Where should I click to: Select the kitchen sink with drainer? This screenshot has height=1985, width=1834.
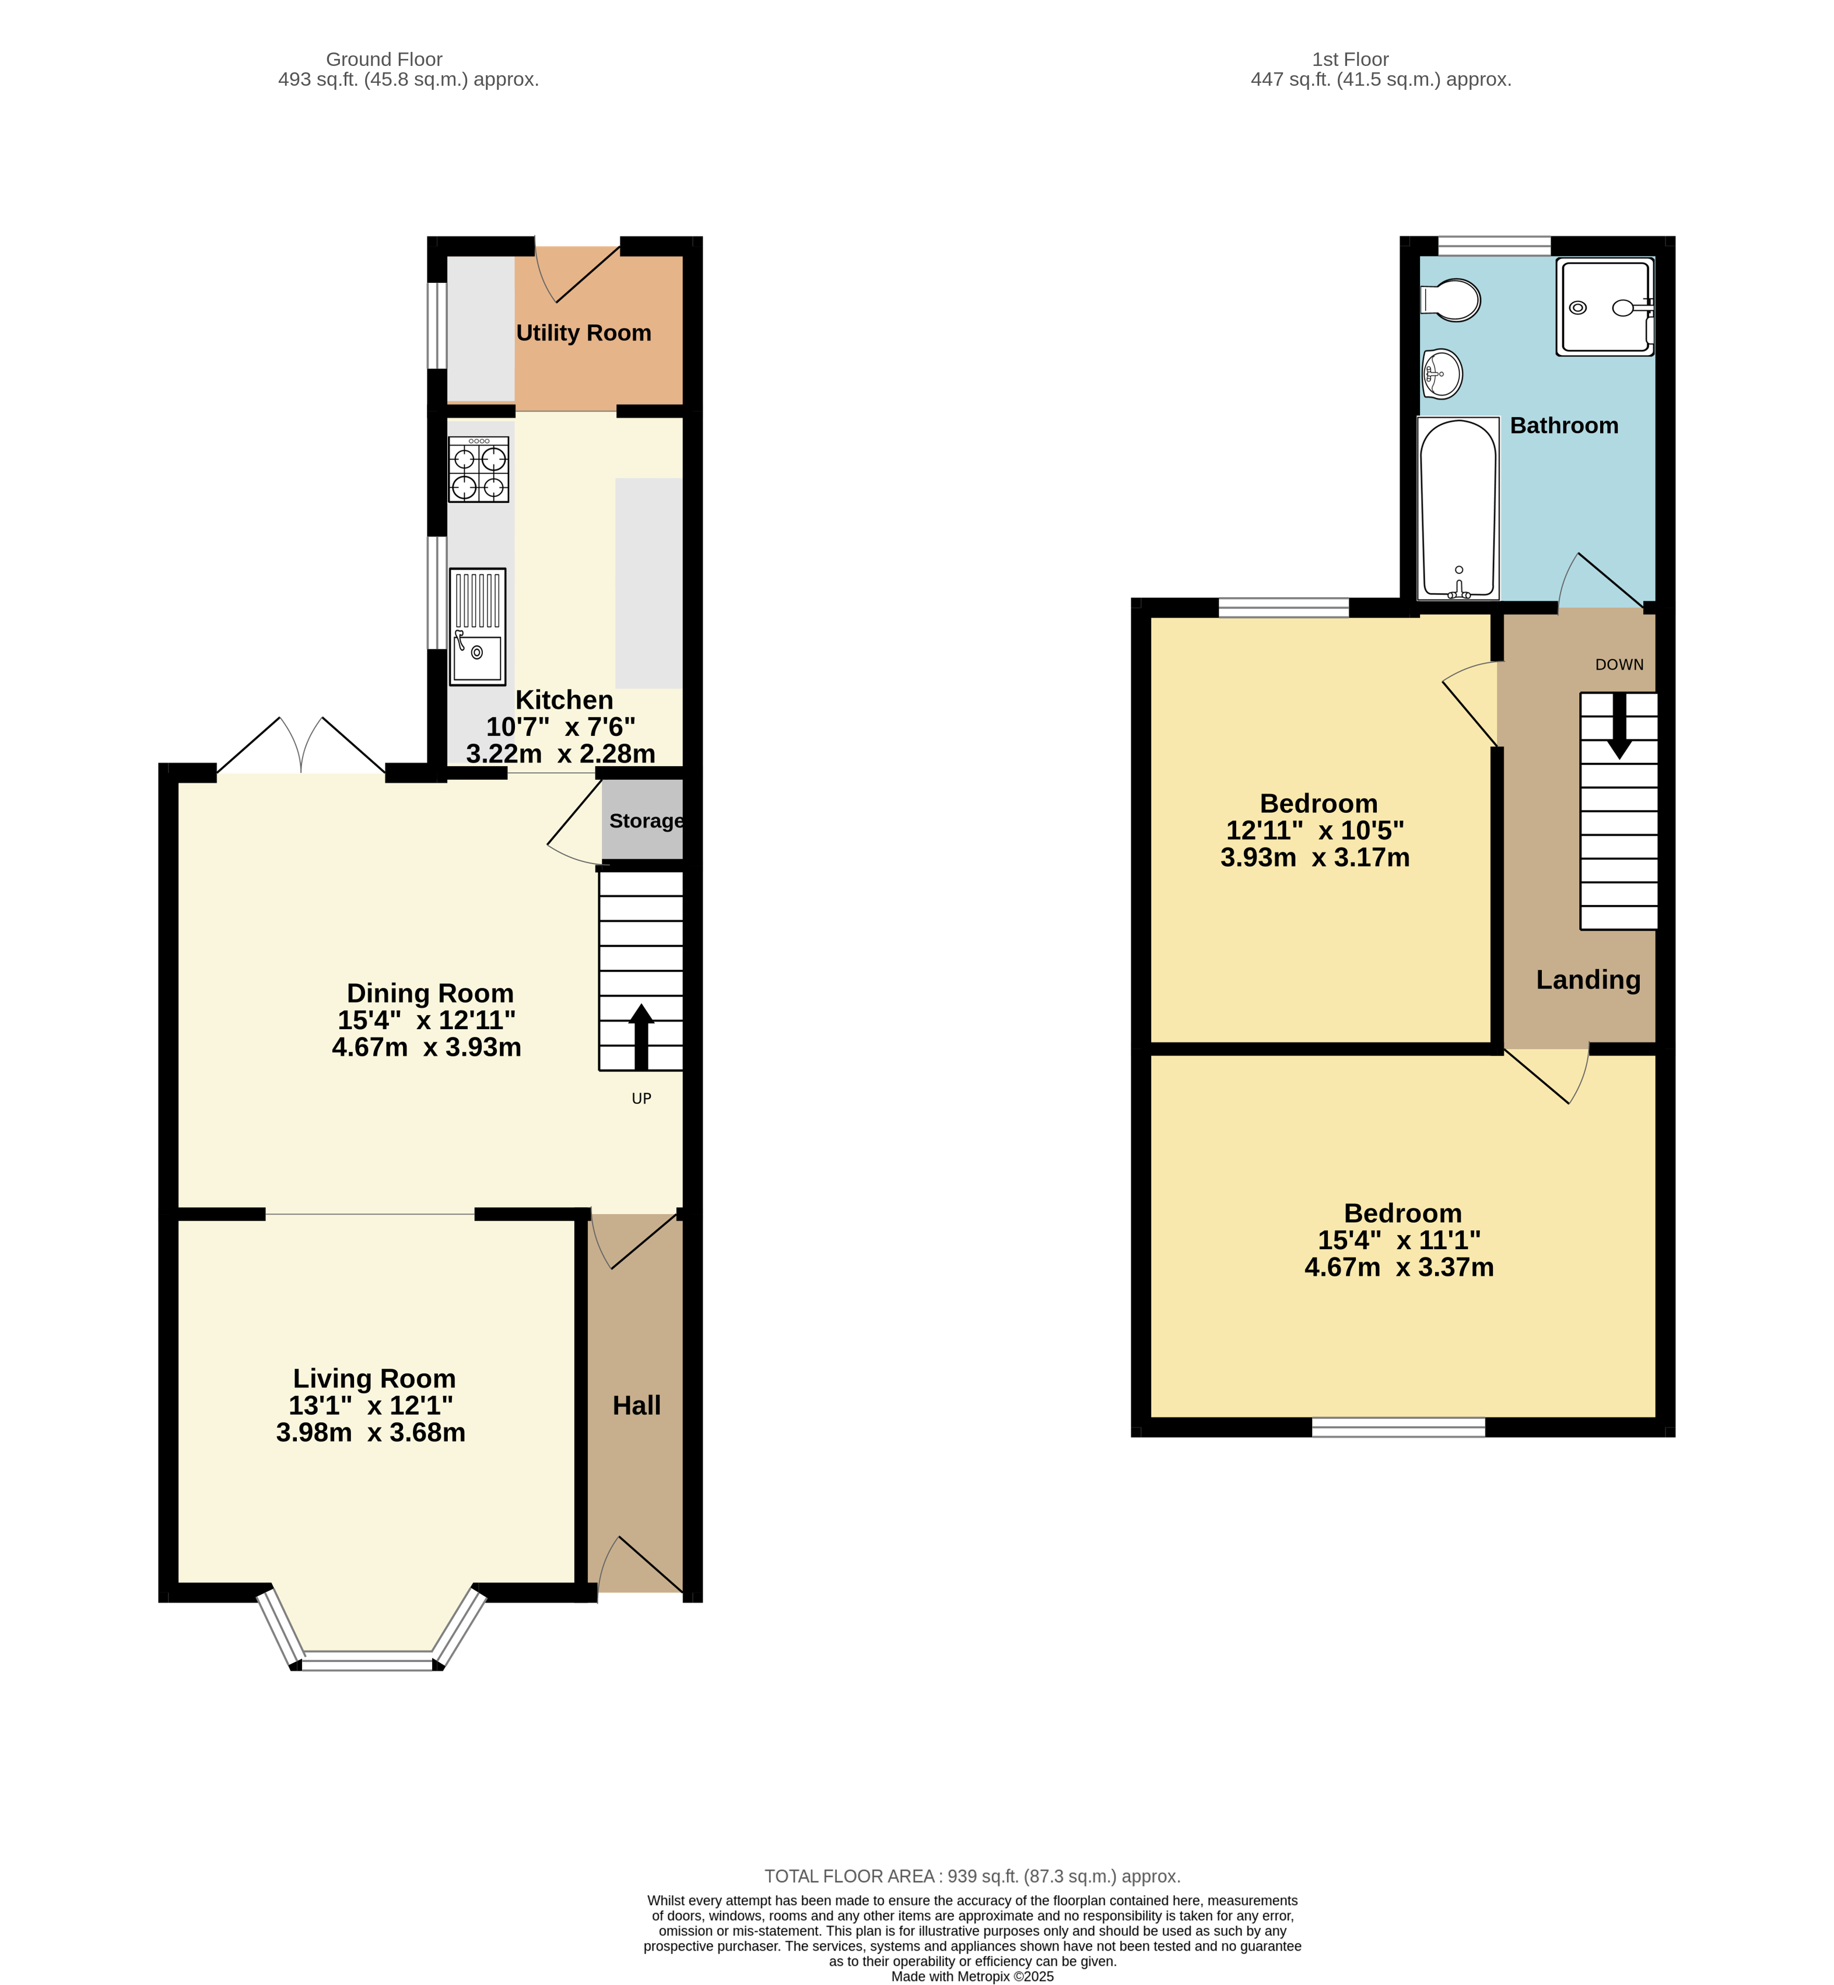(x=478, y=626)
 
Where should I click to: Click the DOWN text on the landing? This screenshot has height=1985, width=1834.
(x=1619, y=665)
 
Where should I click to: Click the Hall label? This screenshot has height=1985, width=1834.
(x=636, y=1405)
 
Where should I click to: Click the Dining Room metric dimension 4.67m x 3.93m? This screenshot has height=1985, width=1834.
(x=427, y=1047)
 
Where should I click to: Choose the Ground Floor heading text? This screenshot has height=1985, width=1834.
(x=384, y=59)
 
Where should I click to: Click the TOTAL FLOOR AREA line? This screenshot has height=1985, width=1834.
(x=973, y=1876)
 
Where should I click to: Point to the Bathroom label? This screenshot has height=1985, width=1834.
(x=1564, y=426)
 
